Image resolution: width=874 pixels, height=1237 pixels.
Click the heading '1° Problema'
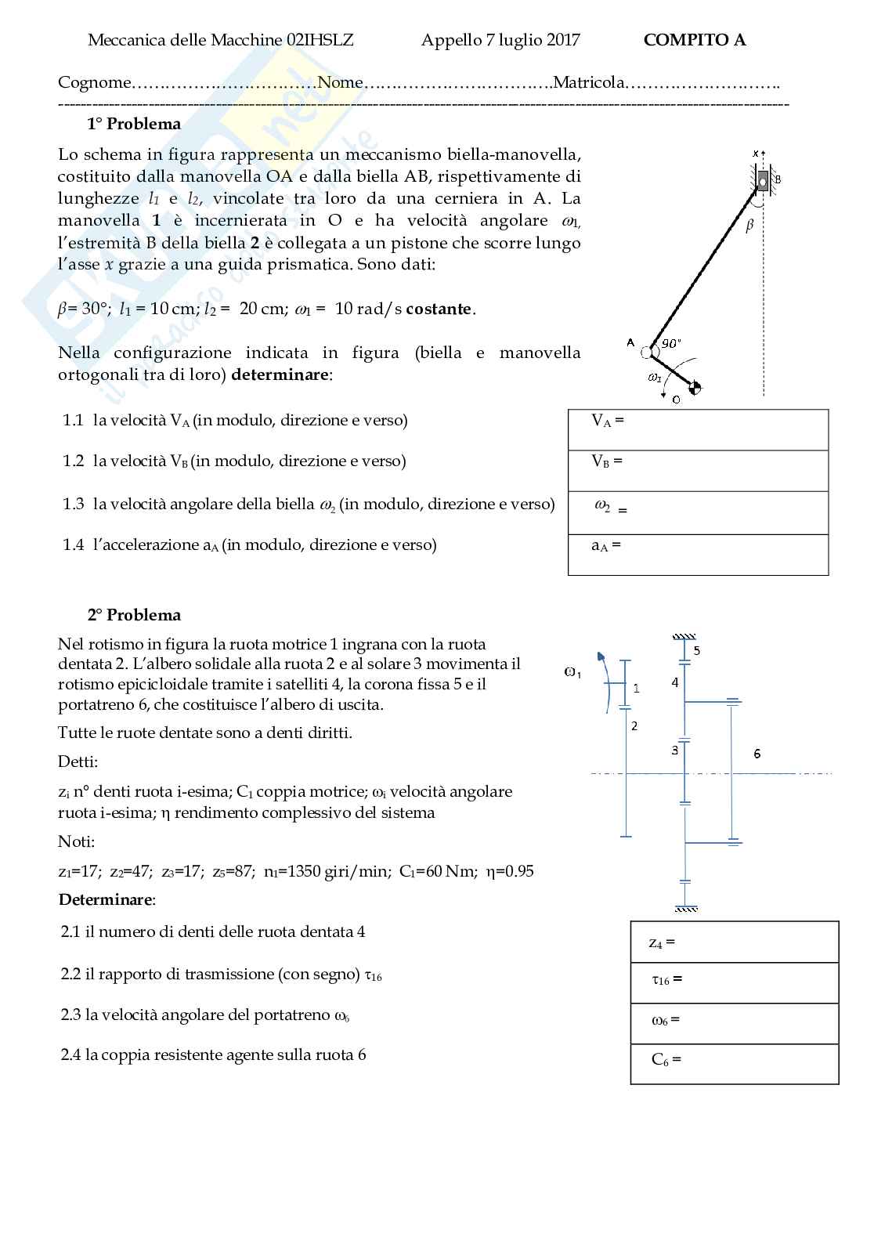point(134,124)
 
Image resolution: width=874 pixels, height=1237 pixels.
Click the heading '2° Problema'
point(134,615)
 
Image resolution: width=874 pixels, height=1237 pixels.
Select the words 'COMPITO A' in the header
point(695,40)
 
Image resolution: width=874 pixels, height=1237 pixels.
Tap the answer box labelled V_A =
point(698,429)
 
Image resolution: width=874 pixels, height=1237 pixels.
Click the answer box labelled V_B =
point(698,470)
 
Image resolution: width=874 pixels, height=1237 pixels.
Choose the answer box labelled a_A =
point(698,554)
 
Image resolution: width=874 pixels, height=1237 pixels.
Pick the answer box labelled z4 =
point(734,942)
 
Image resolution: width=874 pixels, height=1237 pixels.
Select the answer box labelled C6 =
point(734,1064)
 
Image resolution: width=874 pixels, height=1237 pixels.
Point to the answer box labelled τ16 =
point(734,982)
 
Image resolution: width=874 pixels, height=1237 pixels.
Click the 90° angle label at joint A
point(671,343)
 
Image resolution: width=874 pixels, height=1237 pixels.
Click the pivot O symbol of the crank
point(695,386)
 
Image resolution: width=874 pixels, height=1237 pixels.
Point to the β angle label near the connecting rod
point(749,226)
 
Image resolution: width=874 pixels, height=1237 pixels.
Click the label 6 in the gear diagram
point(757,754)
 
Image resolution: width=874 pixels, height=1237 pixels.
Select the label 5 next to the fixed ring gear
point(696,650)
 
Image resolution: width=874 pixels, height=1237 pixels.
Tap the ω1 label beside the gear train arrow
point(572,672)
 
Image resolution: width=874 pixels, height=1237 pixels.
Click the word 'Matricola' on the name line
point(589,82)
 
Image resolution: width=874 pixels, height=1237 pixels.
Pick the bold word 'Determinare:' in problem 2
point(107,899)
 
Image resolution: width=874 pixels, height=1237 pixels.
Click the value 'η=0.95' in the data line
point(510,871)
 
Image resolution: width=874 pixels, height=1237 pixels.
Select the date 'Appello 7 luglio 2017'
point(500,40)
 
